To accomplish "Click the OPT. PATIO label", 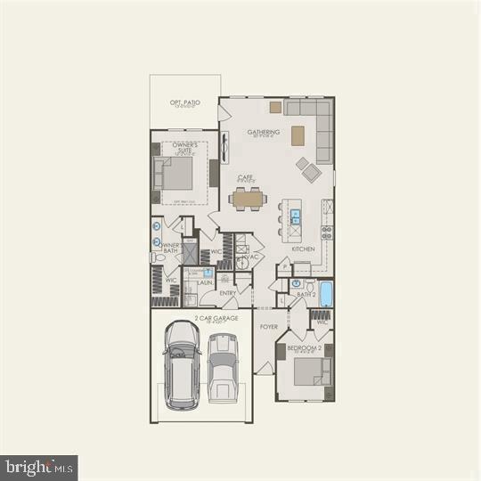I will click(x=185, y=102).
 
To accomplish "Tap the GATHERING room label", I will click(x=263, y=133).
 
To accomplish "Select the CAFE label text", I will click(x=245, y=177).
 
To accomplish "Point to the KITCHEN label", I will click(x=303, y=249).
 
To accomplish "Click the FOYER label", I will click(x=268, y=327).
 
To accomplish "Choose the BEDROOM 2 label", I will click(x=305, y=347).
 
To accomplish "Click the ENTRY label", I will click(x=228, y=293).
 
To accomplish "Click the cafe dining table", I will click(x=246, y=199).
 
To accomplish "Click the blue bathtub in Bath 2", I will click(x=326, y=293).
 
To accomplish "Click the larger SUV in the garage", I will click(x=182, y=364).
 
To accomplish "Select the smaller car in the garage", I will click(x=222, y=368).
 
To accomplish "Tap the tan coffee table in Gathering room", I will click(x=298, y=136).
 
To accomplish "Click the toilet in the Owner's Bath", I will click(x=157, y=258).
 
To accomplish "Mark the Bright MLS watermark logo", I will click(x=39, y=466).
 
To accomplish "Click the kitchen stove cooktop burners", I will click(x=327, y=233).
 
